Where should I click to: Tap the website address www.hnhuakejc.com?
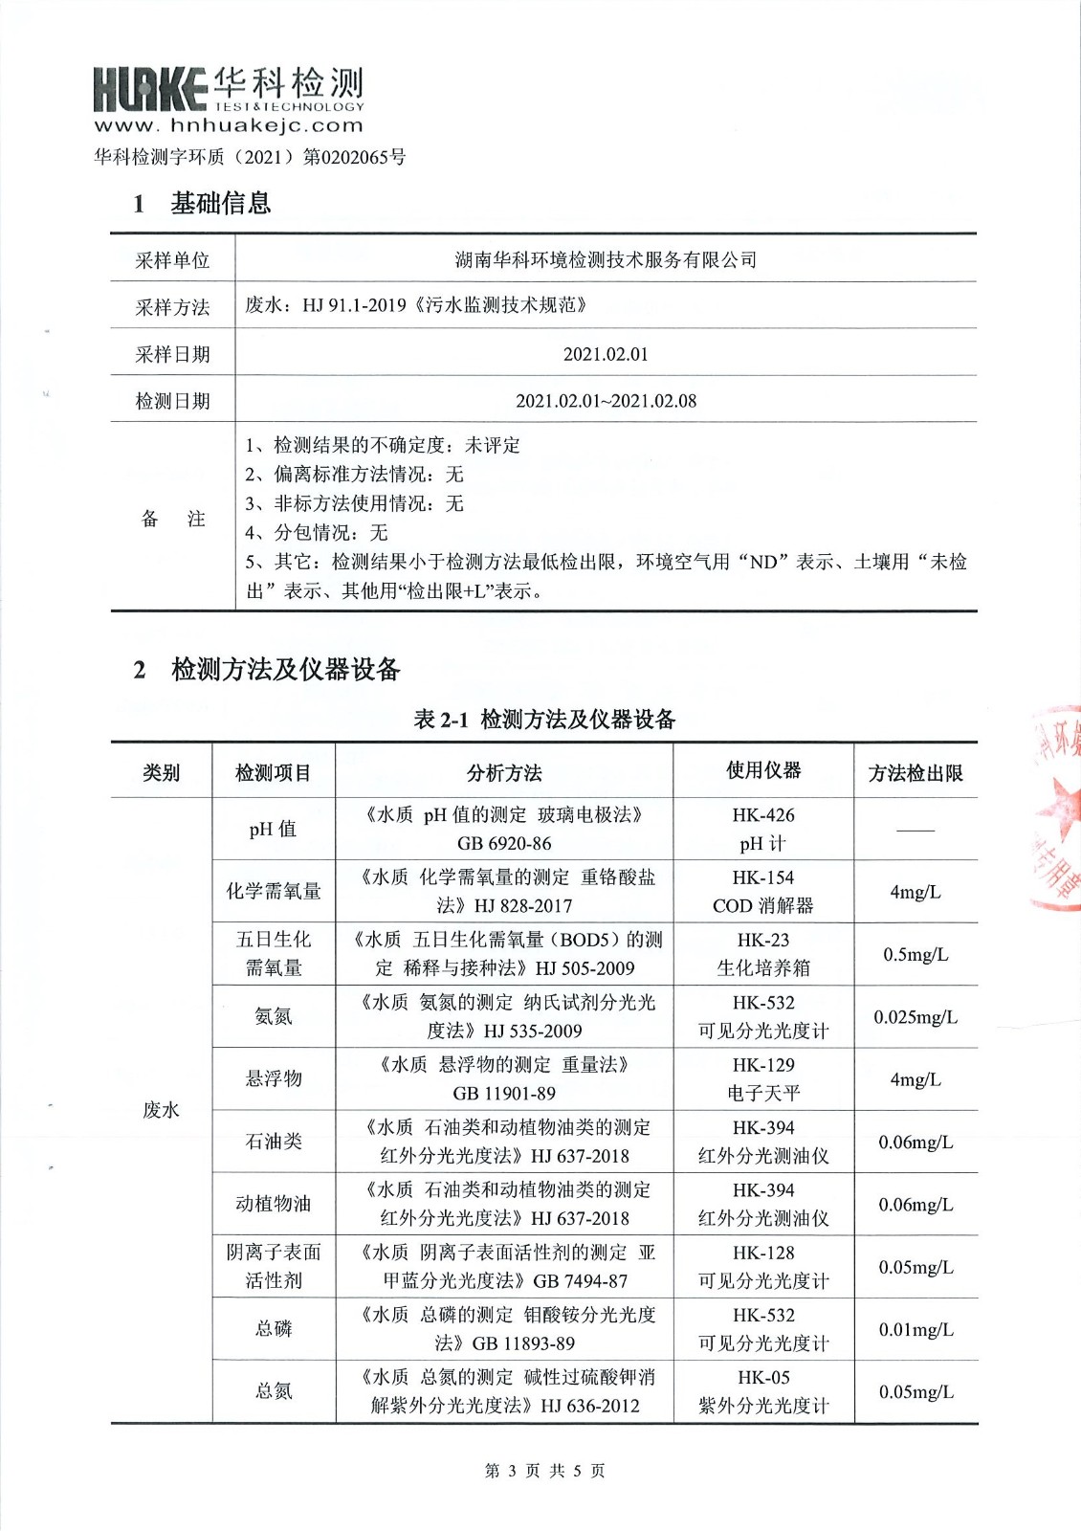[x=229, y=125]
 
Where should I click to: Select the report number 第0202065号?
[x=354, y=157]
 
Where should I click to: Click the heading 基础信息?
[x=220, y=203]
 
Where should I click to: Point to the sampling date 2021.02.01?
[x=606, y=354]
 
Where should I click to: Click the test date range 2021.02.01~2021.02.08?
[x=606, y=401]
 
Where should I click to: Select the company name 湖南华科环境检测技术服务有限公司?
[x=606, y=259]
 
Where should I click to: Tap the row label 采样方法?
[x=172, y=307]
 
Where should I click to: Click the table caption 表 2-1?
[x=440, y=720]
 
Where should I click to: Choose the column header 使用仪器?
[x=763, y=770]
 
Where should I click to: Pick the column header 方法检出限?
[x=916, y=773]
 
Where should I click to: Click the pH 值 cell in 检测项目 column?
[x=273, y=829]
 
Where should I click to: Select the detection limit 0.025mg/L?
[x=916, y=1016]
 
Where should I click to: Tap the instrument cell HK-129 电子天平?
[x=763, y=1078]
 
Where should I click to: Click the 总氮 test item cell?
[x=273, y=1390]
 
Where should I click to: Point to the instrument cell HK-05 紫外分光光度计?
[x=763, y=1391]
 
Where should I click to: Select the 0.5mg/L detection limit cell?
[x=916, y=954]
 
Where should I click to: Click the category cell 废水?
[x=161, y=1110]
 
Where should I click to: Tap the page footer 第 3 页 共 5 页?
[x=544, y=1471]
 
